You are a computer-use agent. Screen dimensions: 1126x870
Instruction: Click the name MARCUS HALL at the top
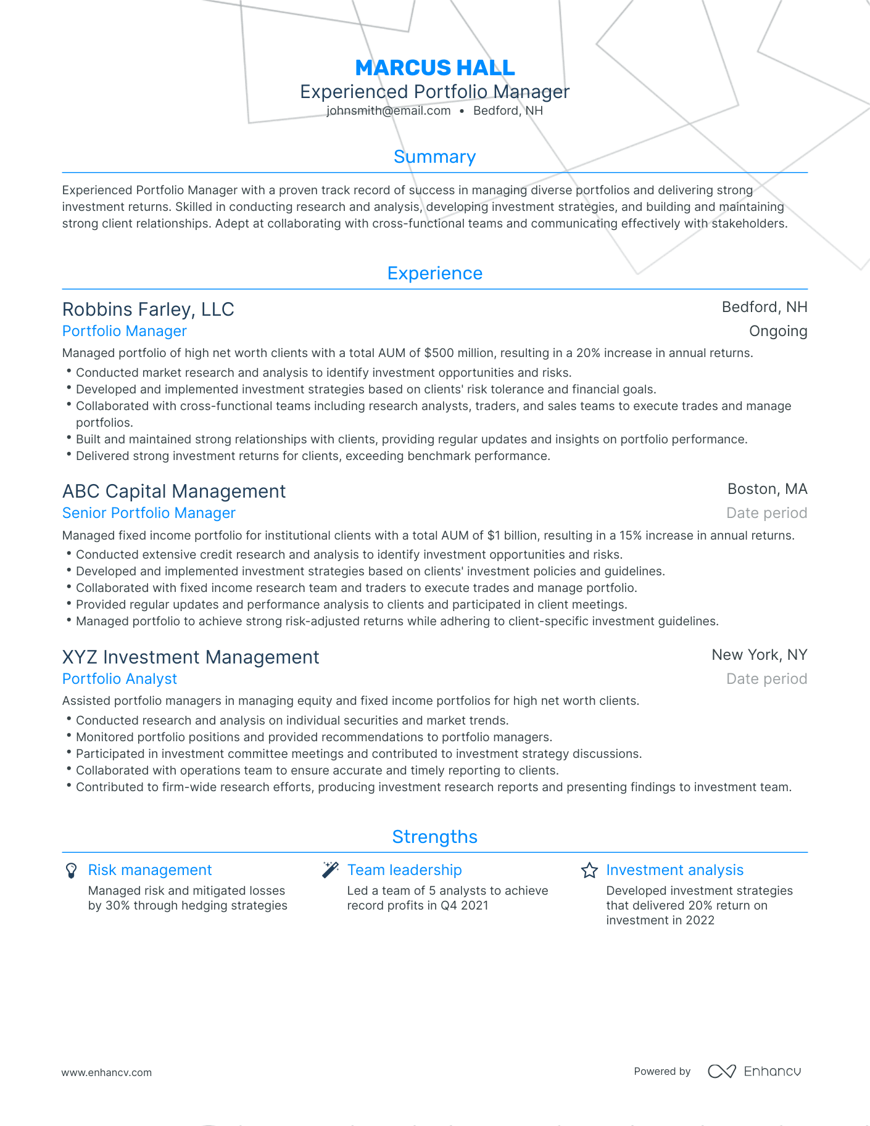pyautogui.click(x=434, y=68)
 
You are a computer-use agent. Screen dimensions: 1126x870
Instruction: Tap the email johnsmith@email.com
pyautogui.click(x=388, y=111)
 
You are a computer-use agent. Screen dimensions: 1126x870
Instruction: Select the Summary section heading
pyautogui.click(x=434, y=157)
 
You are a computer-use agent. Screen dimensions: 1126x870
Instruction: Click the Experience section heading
pyautogui.click(x=434, y=274)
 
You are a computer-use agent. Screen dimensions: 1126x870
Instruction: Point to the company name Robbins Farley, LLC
pyautogui.click(x=148, y=310)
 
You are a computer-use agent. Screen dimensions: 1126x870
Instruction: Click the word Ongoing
pyautogui.click(x=777, y=332)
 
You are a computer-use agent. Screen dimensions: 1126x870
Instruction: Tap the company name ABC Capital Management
pyautogui.click(x=174, y=491)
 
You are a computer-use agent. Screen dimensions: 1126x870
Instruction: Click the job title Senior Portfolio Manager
pyautogui.click(x=149, y=513)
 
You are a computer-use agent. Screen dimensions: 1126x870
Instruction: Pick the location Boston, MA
pyautogui.click(x=767, y=490)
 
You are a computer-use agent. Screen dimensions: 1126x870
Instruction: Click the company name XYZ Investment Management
pyautogui.click(x=191, y=657)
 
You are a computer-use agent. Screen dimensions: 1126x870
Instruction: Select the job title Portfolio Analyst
pyautogui.click(x=120, y=679)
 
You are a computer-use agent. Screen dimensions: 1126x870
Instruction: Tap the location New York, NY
pyautogui.click(x=759, y=655)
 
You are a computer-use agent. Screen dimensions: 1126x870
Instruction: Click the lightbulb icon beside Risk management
pyautogui.click(x=72, y=871)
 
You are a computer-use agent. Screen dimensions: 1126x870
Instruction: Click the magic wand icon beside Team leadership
pyautogui.click(x=330, y=870)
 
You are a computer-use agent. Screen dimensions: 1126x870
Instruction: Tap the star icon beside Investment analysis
pyautogui.click(x=589, y=871)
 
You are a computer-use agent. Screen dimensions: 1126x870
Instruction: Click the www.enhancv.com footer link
pyautogui.click(x=106, y=1073)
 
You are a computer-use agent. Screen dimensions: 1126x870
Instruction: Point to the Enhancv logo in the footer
pyautogui.click(x=754, y=1072)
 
